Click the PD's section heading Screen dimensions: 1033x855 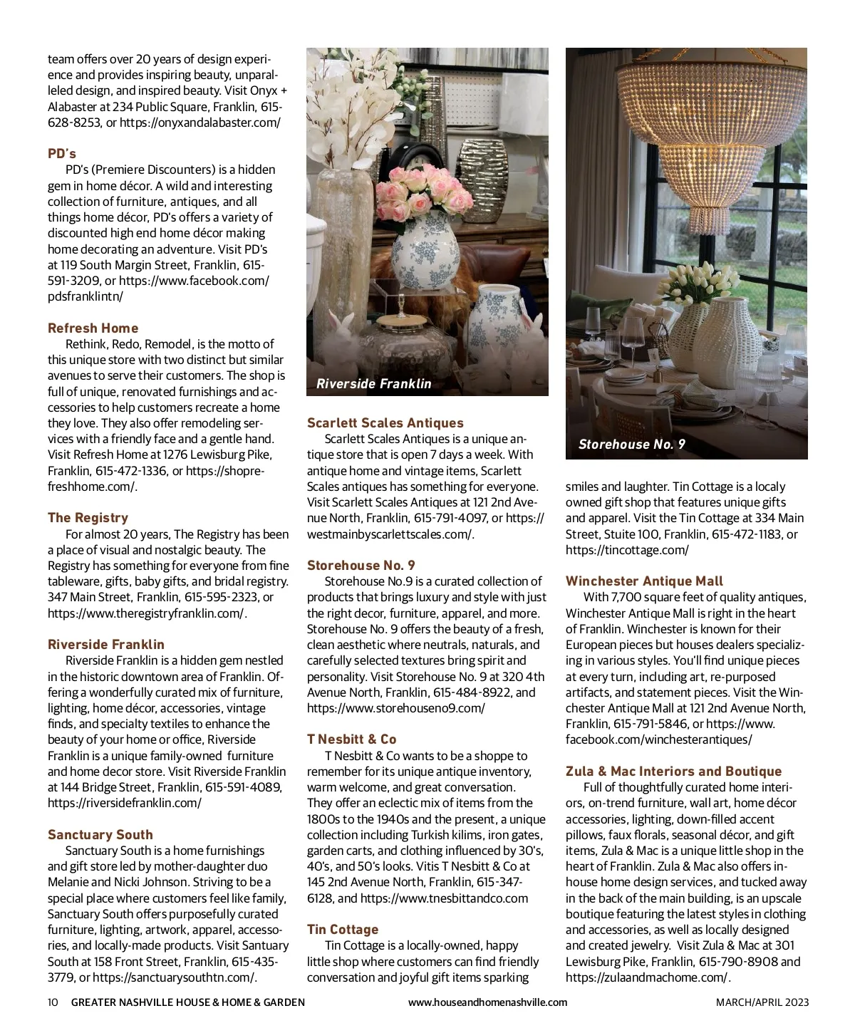tap(62, 154)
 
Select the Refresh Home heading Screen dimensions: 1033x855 tap(93, 328)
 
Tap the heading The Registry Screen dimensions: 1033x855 tap(88, 518)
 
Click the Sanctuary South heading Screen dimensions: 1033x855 tap(100, 835)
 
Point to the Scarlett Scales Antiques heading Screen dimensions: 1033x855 tap(385, 423)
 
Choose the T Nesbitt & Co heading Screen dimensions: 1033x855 tap(351, 739)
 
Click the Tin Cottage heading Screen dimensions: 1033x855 tap(343, 930)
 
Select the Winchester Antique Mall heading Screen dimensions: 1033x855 tap(644, 581)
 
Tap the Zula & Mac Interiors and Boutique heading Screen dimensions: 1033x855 tap(673, 772)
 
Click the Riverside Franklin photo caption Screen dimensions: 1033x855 tap(374, 384)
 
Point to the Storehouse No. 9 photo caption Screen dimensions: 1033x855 tap(632, 445)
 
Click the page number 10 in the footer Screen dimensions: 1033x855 tap(53, 1002)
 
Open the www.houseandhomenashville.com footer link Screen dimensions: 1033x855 tap(487, 1002)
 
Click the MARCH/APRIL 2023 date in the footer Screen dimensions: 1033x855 tap(762, 1002)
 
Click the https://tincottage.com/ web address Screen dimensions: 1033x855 tap(627, 550)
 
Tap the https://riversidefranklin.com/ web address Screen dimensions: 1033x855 tap(125, 804)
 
